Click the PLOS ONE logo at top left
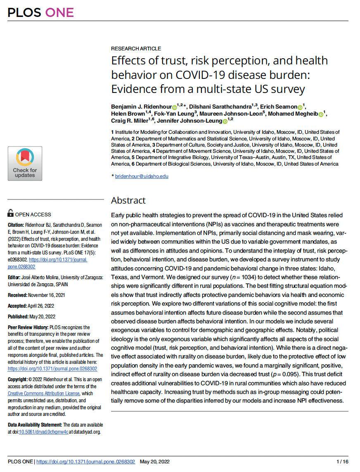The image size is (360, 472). tap(40, 12)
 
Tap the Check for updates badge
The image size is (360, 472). tap(25, 164)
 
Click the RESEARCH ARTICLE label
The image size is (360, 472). tap(136, 49)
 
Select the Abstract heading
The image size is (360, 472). tap(128, 201)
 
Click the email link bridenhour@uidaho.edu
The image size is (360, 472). tap(142, 176)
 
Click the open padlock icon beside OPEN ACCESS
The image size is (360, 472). tap(11, 214)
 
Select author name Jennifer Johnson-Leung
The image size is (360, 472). tap(191, 120)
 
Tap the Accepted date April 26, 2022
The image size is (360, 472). tap(45, 306)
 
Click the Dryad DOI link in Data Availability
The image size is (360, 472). tap(40, 432)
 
